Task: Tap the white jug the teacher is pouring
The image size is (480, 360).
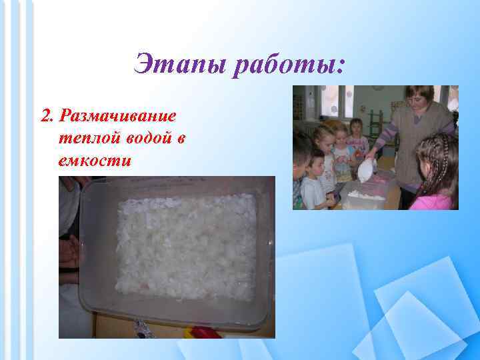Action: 366,170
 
